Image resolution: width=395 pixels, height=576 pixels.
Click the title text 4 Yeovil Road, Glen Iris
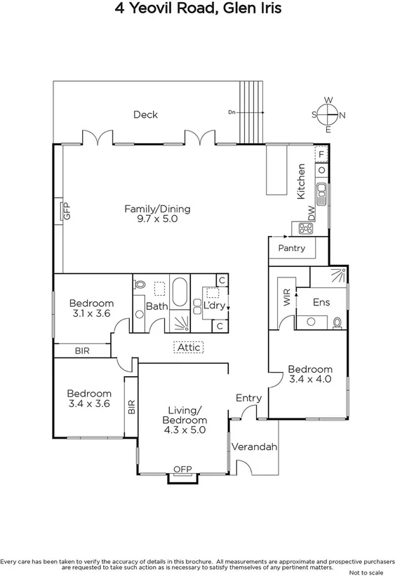coord(197,9)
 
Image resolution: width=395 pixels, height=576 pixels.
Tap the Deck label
coord(145,115)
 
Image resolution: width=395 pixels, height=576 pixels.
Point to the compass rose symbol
coord(328,115)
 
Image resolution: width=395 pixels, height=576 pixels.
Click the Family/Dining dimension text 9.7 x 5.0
coord(157,219)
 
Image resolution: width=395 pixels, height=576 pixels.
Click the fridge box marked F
coord(321,154)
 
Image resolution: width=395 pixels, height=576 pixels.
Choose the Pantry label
coord(291,248)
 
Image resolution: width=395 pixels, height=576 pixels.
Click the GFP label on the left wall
coord(67,211)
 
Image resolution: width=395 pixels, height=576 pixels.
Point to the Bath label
coord(157,306)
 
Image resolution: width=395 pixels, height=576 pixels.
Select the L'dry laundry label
coord(213,306)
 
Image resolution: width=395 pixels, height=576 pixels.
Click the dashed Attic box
coord(189,347)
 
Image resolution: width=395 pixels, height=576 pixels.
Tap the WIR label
coord(286,299)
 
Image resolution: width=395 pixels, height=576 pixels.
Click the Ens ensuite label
coord(321,302)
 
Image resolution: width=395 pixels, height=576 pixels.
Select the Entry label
coord(248,398)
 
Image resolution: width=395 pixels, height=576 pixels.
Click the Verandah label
coord(255,447)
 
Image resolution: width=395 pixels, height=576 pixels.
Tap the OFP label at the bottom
coord(182,469)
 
